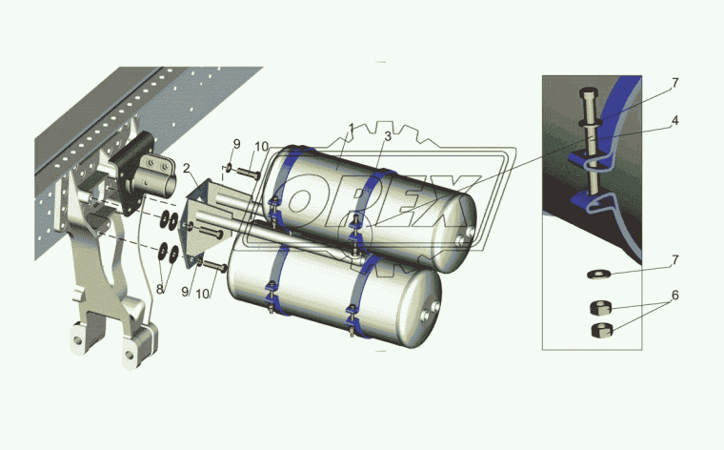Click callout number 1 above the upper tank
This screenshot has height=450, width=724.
pyautogui.click(x=352, y=128)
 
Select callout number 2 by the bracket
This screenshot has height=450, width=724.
pyautogui.click(x=187, y=168)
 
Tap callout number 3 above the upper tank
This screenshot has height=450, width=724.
pyautogui.click(x=388, y=135)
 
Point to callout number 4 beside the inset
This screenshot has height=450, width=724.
pyautogui.click(x=674, y=121)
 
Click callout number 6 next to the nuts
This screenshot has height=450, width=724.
pyautogui.click(x=674, y=295)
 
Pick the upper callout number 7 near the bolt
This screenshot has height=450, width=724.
pyautogui.click(x=675, y=83)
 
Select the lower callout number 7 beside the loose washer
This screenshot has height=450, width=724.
pyautogui.click(x=675, y=260)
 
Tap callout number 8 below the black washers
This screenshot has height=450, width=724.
pyautogui.click(x=160, y=290)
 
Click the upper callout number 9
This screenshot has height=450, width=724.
pyautogui.click(x=236, y=144)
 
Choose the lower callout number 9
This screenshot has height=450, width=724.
pyautogui.click(x=185, y=292)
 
